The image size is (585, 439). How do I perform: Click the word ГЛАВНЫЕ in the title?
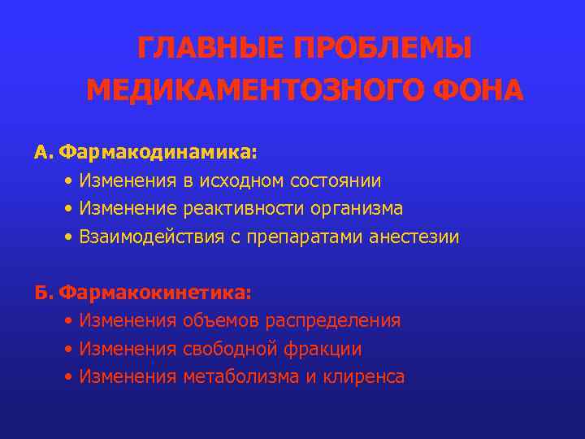click(210, 49)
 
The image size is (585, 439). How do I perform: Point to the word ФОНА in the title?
click(477, 90)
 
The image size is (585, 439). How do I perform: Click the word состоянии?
click(341, 180)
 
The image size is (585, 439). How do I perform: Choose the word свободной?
click(231, 349)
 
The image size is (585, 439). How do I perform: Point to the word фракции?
click(323, 349)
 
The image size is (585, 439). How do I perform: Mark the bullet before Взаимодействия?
click(71, 237)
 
